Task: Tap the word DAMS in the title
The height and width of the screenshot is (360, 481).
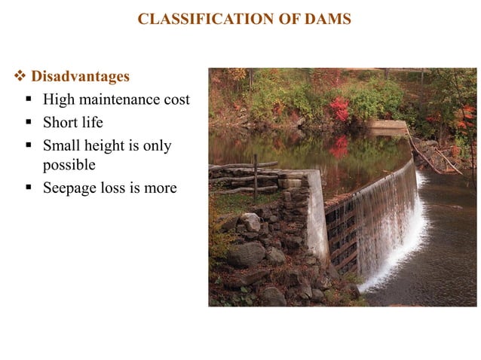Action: [326, 20]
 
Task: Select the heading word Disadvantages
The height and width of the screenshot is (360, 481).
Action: [80, 77]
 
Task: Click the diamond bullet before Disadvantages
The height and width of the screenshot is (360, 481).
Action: [20, 77]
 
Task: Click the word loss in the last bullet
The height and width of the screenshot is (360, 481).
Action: [112, 188]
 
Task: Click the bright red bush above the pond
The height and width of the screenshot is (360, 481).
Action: [339, 110]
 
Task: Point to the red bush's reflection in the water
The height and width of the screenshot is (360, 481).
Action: [339, 147]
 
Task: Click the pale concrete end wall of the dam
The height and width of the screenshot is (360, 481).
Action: [316, 215]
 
